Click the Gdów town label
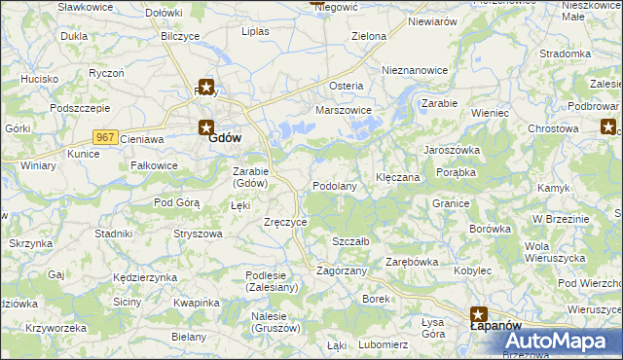(225, 138)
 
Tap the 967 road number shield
(106, 137)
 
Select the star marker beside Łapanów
(479, 314)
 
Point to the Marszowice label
(344, 110)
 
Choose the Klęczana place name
(397, 178)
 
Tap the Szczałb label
(349, 240)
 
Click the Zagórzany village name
(342, 270)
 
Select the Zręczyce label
(286, 222)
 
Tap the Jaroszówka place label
(451, 150)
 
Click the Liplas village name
(255, 31)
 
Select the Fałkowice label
(153, 165)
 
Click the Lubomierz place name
(383, 344)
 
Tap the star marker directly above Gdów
(205, 87)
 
